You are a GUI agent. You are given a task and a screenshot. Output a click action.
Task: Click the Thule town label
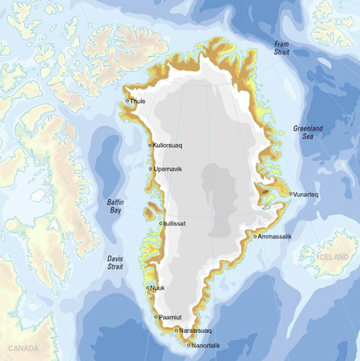tap(138, 101)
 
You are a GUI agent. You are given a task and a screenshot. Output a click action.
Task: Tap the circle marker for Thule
tap(127, 100)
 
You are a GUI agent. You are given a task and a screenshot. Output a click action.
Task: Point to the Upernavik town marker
tap(150, 170)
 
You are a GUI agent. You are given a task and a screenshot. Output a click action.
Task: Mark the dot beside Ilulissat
tap(161, 223)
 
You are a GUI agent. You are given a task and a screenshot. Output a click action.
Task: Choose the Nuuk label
tap(158, 289)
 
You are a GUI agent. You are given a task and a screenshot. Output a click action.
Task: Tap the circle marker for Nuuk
tap(148, 289)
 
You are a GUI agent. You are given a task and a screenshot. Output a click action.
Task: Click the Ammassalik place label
tap(276, 236)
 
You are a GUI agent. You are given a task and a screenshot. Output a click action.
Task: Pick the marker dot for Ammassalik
tap(256, 236)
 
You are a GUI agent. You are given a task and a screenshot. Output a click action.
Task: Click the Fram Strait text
tap(282, 48)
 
